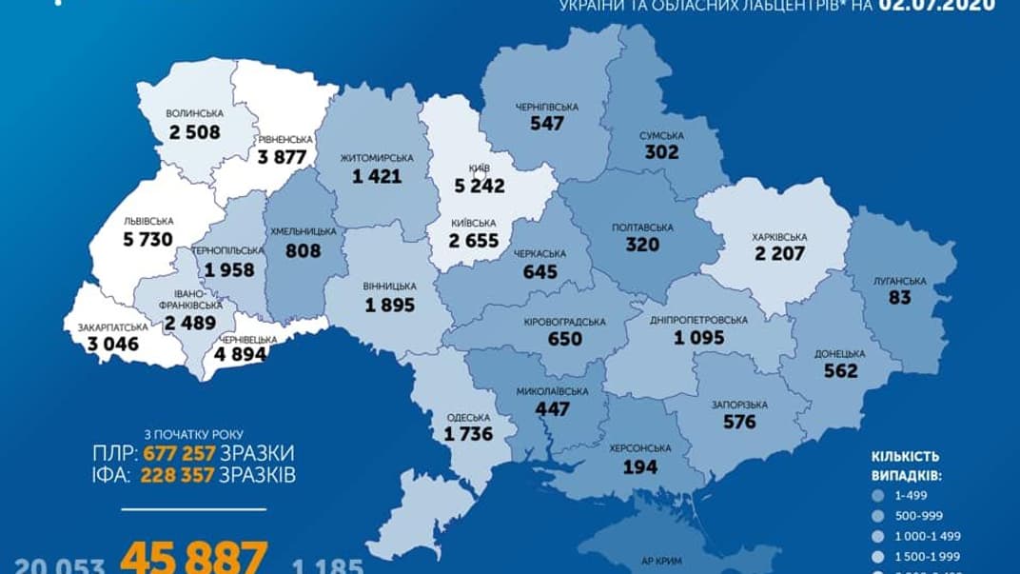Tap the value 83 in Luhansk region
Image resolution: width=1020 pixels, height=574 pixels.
[899, 298]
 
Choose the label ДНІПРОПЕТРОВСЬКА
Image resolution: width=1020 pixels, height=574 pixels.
[699, 320]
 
